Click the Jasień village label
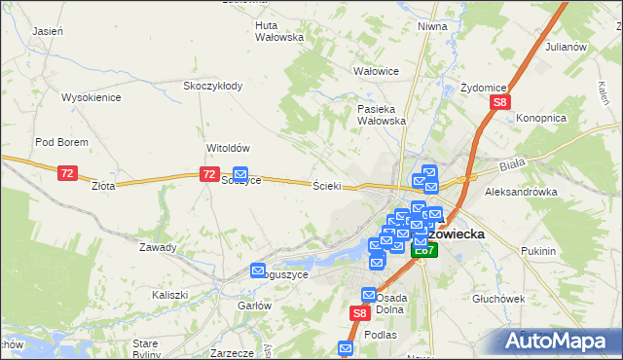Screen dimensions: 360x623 click(x=48, y=31)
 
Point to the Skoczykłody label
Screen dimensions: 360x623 click(x=213, y=86)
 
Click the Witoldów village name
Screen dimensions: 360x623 click(x=229, y=148)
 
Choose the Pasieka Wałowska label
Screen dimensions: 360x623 click(x=381, y=115)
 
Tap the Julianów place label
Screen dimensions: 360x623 click(x=566, y=46)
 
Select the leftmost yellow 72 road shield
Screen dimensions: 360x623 click(x=66, y=173)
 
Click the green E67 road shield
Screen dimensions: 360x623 click(x=423, y=250)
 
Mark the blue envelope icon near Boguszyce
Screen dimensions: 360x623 click(x=258, y=270)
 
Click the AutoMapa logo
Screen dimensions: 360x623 click(x=557, y=340)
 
